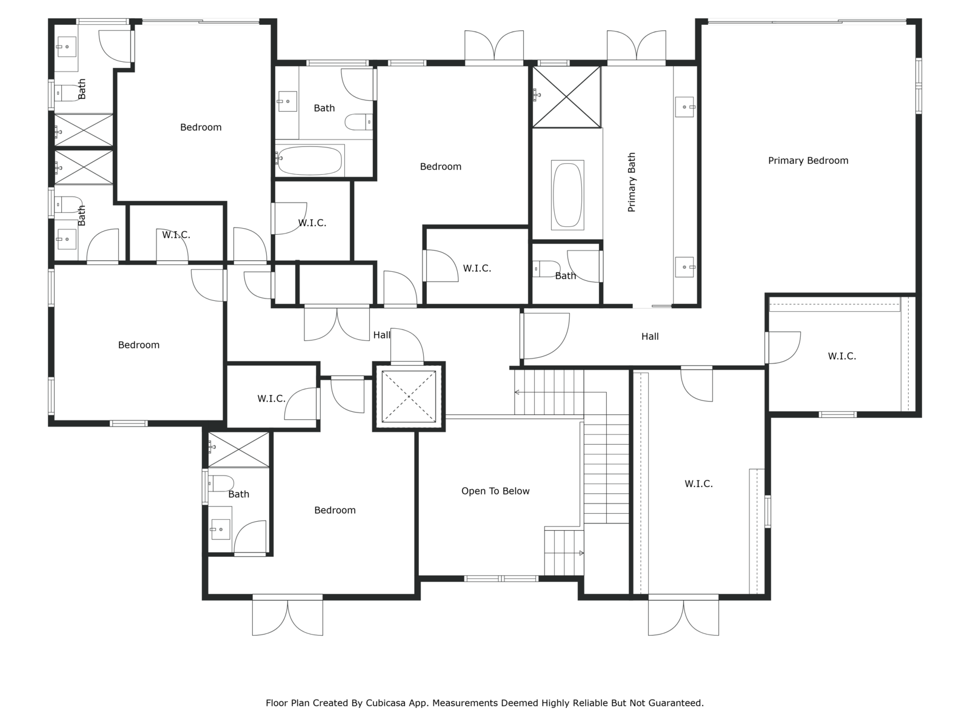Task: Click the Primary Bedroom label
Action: [808, 160]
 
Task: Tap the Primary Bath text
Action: [632, 182]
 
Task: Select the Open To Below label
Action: [495, 491]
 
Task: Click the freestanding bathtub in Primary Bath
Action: [567, 195]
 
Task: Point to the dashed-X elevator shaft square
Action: [409, 397]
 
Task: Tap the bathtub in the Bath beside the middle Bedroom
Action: [310, 160]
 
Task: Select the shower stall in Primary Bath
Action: [566, 97]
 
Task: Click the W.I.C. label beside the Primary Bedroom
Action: [841, 356]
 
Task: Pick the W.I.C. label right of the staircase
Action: [698, 484]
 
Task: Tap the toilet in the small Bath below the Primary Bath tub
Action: [546, 269]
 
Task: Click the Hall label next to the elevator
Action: [382, 335]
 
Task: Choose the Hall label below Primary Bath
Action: [650, 336]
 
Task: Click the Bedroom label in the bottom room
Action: [335, 510]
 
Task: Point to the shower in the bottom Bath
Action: [239, 450]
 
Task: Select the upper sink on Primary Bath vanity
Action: [684, 107]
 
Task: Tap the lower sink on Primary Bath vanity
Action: [684, 267]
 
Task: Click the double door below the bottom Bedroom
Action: [287, 615]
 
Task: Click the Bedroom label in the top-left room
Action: [201, 127]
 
